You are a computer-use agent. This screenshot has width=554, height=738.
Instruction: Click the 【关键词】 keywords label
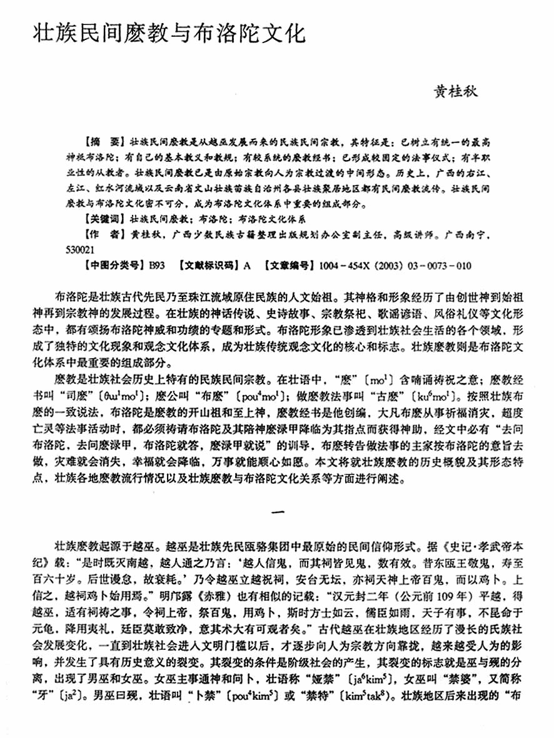click(x=103, y=219)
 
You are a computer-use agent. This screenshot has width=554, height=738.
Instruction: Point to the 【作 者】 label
click(x=103, y=235)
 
